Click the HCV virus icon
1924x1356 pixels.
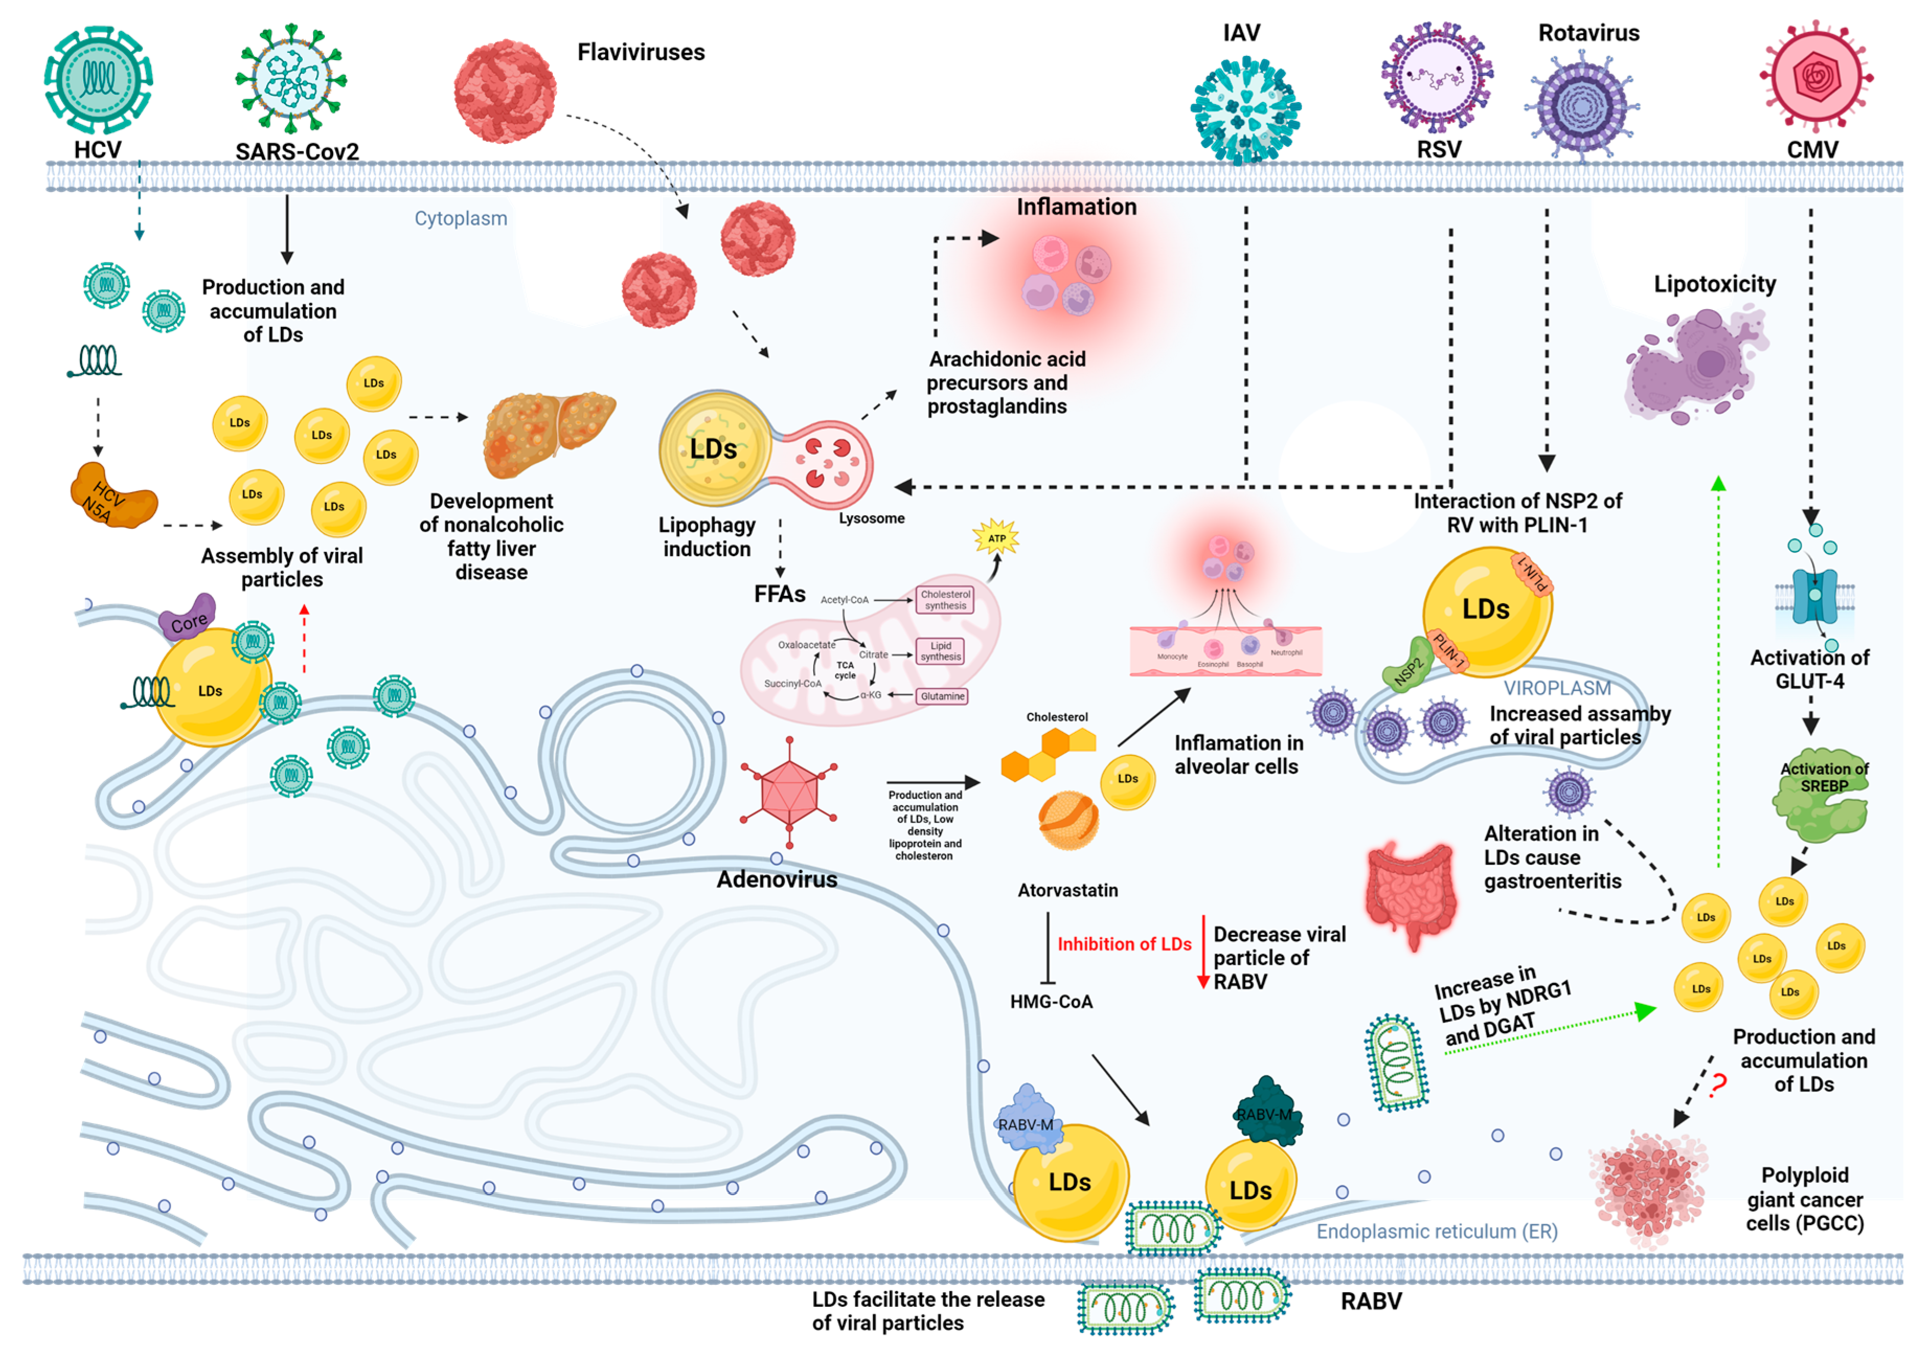pyautogui.click(x=98, y=80)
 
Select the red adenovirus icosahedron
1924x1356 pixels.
pyautogui.click(x=788, y=793)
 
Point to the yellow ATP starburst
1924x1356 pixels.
pyautogui.click(x=996, y=538)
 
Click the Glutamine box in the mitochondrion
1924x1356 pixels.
pyautogui.click(x=942, y=696)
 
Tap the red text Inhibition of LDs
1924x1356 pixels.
pyautogui.click(x=1124, y=944)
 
